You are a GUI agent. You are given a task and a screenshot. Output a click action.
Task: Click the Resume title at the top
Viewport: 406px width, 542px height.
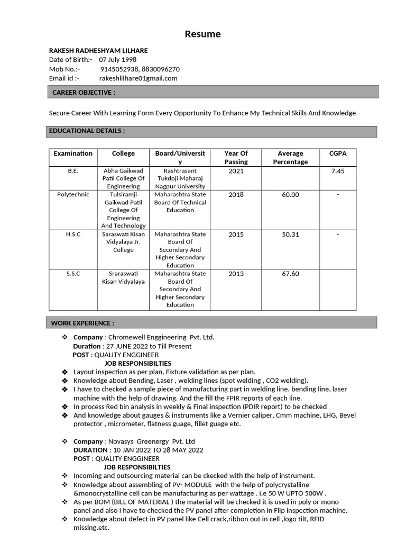[202, 34]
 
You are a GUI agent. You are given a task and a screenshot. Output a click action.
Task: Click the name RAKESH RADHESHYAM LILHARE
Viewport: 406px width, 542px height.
[98, 50]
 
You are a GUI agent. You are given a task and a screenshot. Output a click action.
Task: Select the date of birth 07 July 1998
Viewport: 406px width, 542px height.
[117, 60]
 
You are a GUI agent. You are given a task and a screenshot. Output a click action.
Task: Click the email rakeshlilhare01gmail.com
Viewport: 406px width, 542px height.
[138, 78]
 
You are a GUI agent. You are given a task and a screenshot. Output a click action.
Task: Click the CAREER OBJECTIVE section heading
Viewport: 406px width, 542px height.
[84, 92]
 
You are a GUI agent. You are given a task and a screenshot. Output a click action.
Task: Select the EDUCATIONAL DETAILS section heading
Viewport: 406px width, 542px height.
[87, 131]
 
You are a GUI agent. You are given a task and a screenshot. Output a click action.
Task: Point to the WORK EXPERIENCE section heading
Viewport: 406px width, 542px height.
[82, 323]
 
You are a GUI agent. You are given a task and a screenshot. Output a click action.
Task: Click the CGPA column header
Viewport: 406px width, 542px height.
[338, 153]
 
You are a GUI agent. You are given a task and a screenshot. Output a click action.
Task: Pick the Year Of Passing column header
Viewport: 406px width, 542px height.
[236, 157]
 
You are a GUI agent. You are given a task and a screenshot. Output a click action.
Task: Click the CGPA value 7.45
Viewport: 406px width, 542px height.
[338, 171]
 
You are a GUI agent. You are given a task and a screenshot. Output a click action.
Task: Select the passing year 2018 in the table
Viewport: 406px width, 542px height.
[236, 195]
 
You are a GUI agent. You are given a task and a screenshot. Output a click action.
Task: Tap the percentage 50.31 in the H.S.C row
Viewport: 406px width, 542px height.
[290, 234]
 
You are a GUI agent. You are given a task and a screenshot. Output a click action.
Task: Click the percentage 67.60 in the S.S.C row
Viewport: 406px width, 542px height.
[290, 274]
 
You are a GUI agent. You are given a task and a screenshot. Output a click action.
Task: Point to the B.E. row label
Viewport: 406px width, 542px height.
[73, 171]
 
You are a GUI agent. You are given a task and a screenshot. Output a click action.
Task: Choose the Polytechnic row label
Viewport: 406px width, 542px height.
[73, 195]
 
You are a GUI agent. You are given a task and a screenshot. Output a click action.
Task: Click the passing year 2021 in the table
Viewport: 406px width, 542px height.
[236, 171]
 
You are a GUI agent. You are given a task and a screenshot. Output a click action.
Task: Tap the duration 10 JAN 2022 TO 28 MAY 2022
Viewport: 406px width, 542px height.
[156, 450]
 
